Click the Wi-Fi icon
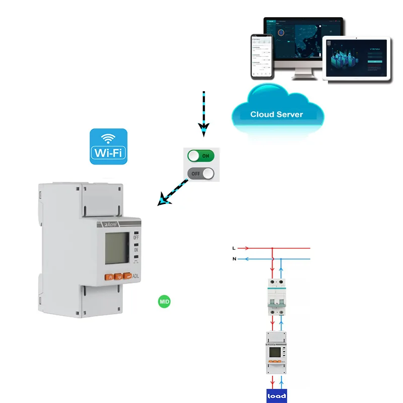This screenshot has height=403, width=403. tap(108, 146)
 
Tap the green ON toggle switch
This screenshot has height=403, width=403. tap(201, 156)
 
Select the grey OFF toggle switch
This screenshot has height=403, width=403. tap(201, 174)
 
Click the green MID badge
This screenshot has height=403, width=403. tap(164, 302)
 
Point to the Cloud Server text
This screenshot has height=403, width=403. tap(277, 114)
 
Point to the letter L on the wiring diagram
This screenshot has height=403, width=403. tap(234, 248)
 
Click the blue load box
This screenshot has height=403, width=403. tap(277, 395)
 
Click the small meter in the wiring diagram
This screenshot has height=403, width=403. tap(276, 353)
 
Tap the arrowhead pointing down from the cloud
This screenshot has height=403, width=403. tap(204, 130)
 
